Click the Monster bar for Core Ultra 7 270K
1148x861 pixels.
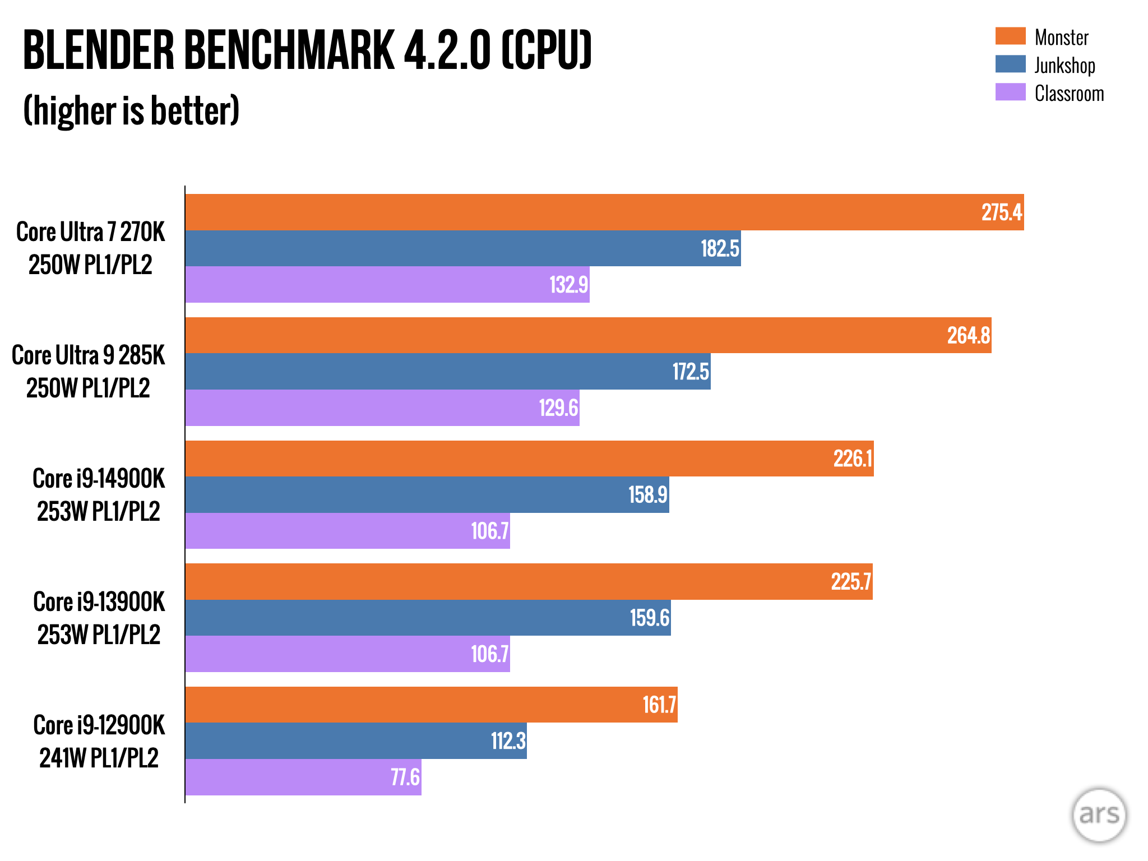point(604,212)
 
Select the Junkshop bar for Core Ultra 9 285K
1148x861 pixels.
point(448,372)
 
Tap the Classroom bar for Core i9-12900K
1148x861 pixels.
point(303,777)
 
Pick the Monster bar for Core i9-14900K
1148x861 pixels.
point(529,459)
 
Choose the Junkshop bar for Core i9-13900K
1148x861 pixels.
point(428,618)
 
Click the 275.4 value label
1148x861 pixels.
point(1002,212)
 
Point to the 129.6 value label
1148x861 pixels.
point(558,408)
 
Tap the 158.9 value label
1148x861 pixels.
point(648,495)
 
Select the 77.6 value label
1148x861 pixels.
point(405,777)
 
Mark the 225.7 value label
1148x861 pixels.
point(851,582)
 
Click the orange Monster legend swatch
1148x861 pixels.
point(1010,36)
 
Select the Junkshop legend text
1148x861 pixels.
point(1064,66)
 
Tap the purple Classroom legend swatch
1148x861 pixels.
point(1010,92)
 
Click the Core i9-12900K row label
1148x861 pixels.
point(99,741)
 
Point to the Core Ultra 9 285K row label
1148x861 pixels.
point(89,372)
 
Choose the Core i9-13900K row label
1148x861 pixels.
point(99,618)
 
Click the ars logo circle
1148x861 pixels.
point(1099,814)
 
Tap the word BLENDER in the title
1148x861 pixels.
point(99,50)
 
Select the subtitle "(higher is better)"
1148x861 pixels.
point(131,110)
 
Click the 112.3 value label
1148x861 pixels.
point(508,741)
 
